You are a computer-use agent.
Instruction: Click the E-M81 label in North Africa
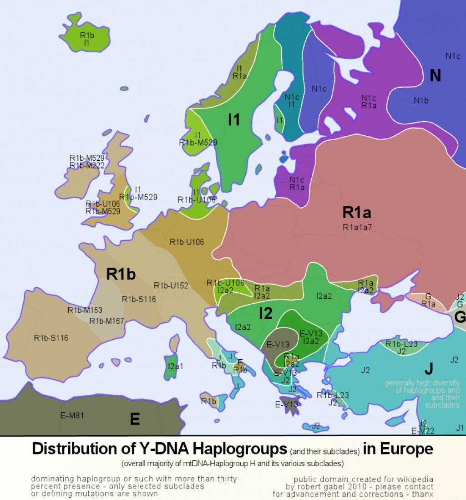tap(72, 415)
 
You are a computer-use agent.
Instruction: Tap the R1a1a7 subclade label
tap(358, 227)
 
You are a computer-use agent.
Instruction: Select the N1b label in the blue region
tap(421, 101)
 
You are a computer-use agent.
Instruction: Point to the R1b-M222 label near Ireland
tap(87, 165)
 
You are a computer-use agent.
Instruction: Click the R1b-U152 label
tap(171, 286)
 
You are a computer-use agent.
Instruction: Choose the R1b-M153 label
tap(85, 310)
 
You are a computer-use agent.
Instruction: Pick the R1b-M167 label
tap(106, 321)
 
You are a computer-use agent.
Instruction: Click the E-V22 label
tap(423, 431)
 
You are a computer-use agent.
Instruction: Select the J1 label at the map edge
tap(460, 428)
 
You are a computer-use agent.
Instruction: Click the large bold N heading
tap(435, 76)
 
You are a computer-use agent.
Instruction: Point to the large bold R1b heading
tap(121, 274)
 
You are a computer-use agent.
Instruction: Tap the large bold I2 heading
tap(265, 314)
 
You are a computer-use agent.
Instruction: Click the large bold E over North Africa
tap(135, 419)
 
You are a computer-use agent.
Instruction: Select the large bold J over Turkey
tap(428, 368)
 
